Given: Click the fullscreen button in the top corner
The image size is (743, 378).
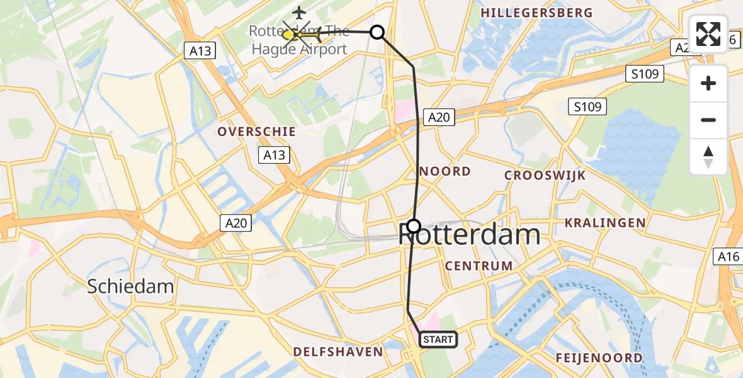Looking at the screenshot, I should point(708,34).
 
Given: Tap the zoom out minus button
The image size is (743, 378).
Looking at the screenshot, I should point(708,120).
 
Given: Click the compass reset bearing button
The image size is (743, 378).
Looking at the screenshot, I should point(708,156).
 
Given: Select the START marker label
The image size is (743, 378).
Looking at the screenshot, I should point(438,340).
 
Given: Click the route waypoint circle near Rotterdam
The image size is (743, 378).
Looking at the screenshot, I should point(414,226).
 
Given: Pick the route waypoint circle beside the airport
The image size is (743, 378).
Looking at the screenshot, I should point(377,31).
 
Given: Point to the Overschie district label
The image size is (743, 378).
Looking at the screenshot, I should point(256,132).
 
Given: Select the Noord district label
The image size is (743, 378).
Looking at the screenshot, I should point(445,171).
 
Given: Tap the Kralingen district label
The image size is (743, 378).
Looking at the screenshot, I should point(605,222).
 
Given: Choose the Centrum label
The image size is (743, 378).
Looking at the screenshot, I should point(479,266).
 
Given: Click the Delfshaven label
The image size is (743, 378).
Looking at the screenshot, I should point(339,352).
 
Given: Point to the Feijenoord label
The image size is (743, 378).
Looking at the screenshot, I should point(599,358).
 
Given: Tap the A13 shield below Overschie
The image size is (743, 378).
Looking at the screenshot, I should point(275,155).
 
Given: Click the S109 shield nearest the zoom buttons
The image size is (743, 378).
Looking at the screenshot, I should point(645,74).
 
